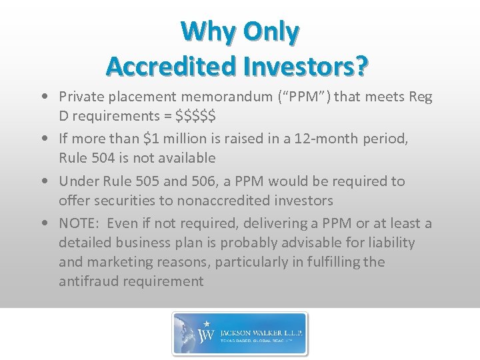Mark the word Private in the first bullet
click(x=81, y=97)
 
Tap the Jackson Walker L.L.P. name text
click(x=261, y=329)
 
